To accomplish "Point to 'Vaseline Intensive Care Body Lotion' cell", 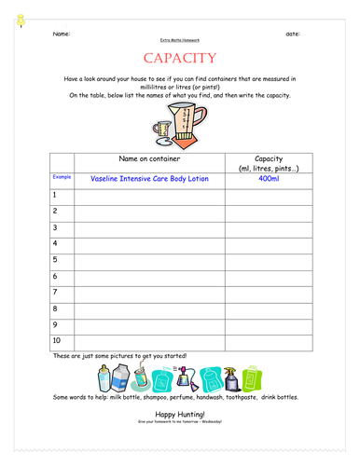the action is point(150,177).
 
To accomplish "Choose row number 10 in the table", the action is point(57,340).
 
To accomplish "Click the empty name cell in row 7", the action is point(150,292).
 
